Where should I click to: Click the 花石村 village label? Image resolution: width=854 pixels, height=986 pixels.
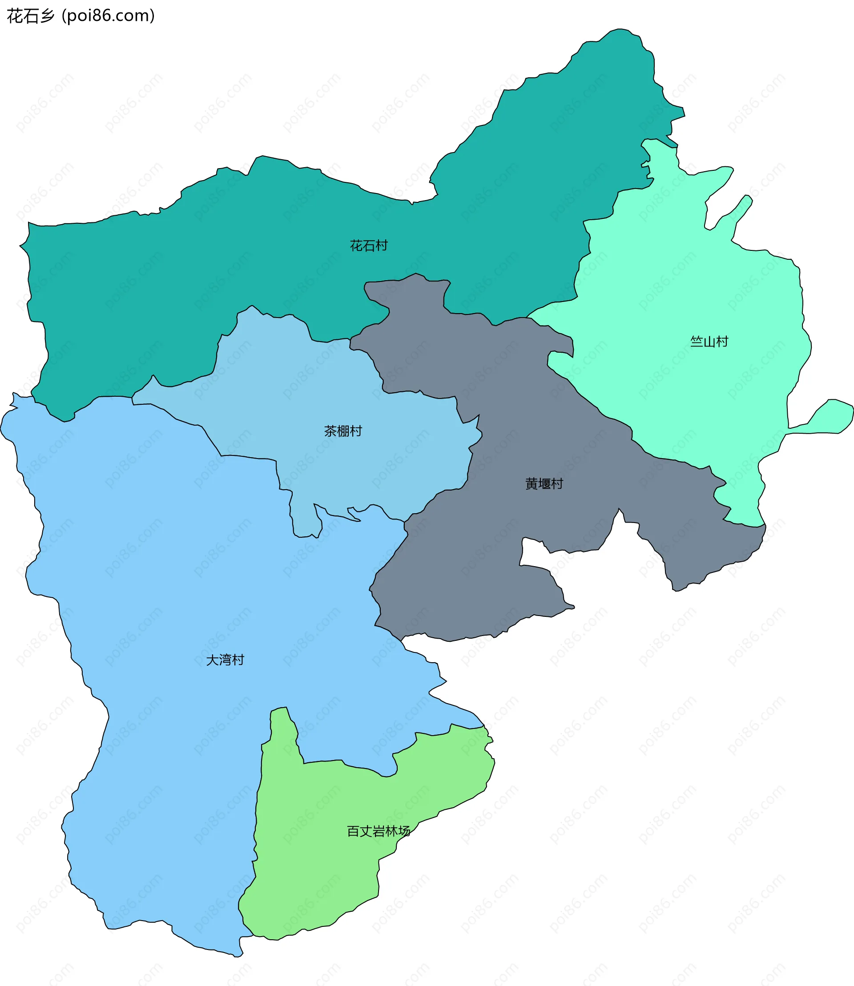pyautogui.click(x=368, y=245)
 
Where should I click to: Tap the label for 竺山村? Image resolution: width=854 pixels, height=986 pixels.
pyautogui.click(x=709, y=341)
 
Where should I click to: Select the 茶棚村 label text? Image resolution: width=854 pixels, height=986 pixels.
pyautogui.click(x=342, y=431)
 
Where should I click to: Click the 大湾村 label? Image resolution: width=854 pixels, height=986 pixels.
pyautogui.click(x=225, y=660)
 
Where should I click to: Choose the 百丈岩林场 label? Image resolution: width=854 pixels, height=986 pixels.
pyautogui.click(x=379, y=831)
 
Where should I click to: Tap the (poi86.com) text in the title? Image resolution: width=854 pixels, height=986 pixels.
pyautogui.click(x=108, y=16)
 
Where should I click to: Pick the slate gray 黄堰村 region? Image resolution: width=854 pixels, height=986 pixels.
pyautogui.click(x=476, y=572)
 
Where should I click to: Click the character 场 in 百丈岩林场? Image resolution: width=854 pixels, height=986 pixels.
pyautogui.click(x=404, y=831)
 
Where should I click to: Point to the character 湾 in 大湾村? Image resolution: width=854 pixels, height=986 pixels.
pyautogui.click(x=225, y=660)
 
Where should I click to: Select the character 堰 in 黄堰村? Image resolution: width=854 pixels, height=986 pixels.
pyautogui.click(x=544, y=483)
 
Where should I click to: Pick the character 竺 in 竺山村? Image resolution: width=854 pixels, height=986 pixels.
pyautogui.click(x=697, y=341)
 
